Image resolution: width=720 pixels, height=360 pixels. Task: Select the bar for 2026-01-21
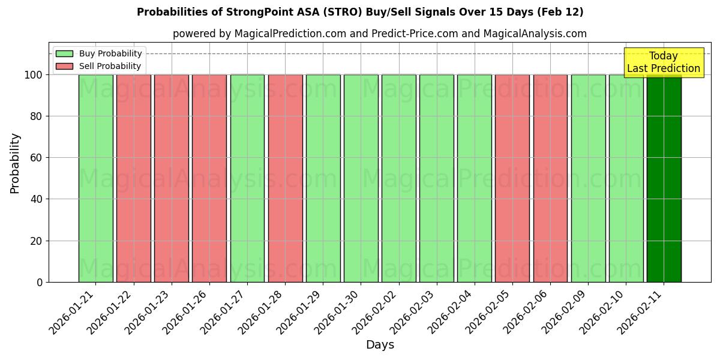[x=95, y=178]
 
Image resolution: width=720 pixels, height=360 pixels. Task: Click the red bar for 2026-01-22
[x=133, y=178]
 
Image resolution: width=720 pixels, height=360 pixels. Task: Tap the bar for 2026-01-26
[x=209, y=178]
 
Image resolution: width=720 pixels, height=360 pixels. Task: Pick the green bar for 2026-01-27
[x=247, y=178]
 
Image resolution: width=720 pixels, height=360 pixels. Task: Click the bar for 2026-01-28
[x=285, y=178]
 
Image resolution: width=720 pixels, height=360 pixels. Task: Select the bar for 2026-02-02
[x=398, y=178]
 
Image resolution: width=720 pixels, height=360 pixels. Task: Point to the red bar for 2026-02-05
[x=512, y=178]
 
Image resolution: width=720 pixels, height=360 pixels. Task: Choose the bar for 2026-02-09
[x=588, y=178]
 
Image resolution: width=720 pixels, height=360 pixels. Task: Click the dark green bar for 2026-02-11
[x=664, y=178]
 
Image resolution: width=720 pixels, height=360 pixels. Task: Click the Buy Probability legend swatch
[x=64, y=53]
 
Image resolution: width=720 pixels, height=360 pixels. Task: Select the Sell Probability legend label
[x=110, y=66]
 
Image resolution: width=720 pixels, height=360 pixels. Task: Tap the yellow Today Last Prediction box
[x=663, y=62]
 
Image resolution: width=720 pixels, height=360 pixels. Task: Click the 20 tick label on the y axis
[x=36, y=241]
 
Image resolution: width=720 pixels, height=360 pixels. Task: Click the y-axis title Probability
[x=15, y=163]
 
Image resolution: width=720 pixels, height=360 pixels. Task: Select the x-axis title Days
[x=380, y=345]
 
